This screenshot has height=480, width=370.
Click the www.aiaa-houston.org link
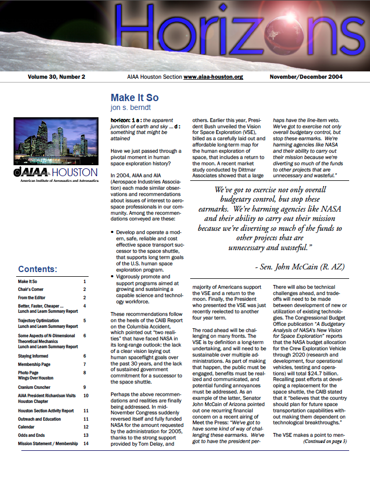click(213, 77)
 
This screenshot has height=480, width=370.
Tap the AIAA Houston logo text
click(56, 173)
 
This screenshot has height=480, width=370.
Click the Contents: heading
click(38, 269)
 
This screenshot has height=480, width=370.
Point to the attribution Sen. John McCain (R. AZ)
click(300, 266)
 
